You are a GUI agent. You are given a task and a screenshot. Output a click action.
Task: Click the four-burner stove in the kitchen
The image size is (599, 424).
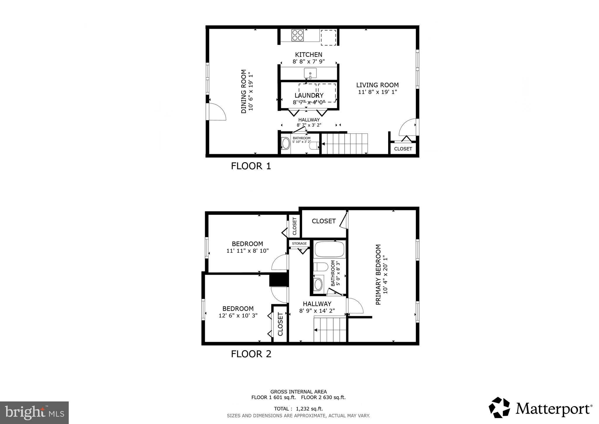[297, 35]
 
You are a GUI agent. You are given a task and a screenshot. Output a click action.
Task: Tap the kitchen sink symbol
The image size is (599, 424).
[310, 73]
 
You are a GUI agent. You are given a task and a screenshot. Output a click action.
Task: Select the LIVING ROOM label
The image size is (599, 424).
[377, 85]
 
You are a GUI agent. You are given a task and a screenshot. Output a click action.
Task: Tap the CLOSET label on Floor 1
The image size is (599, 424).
[403, 149]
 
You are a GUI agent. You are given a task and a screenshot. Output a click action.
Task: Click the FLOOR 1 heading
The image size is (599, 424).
[251, 166]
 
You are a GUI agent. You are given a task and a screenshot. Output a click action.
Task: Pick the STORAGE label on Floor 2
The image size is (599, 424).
[299, 243]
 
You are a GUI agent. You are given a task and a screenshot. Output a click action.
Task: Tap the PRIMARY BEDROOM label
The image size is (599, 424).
[378, 274]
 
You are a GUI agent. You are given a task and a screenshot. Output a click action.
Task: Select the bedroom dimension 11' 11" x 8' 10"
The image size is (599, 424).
[247, 251]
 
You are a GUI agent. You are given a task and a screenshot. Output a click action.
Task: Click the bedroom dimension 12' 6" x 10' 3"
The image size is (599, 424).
[238, 315]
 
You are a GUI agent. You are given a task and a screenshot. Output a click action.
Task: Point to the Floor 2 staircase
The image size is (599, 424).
[330, 329]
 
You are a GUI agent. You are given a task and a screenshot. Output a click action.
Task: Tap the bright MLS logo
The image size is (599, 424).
[34, 413]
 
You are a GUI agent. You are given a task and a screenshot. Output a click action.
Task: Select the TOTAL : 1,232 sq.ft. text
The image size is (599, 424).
[298, 409]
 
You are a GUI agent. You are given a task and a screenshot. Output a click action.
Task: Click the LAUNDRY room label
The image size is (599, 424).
[309, 95]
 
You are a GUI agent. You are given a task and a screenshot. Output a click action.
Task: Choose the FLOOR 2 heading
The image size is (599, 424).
[251, 354]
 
